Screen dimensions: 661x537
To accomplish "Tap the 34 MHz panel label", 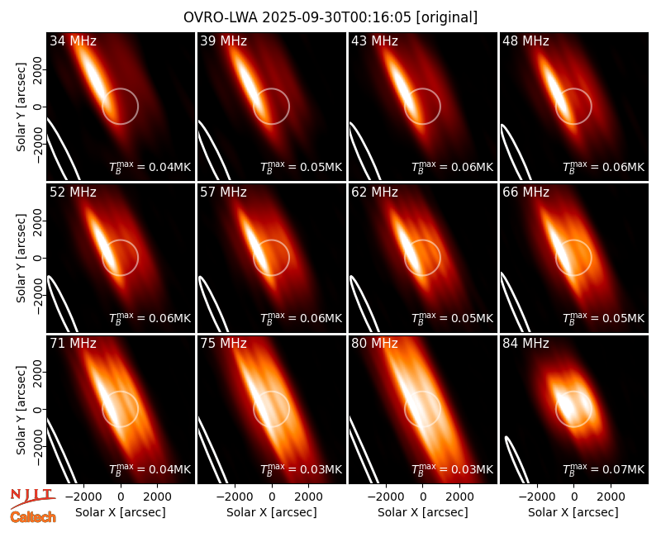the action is (x=73, y=40).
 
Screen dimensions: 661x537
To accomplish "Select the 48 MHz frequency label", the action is (x=525, y=40).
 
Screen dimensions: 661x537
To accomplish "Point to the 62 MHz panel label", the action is (x=374, y=192).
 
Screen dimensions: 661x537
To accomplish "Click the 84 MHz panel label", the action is (x=525, y=344).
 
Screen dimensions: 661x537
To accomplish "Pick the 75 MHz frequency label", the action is (x=223, y=344).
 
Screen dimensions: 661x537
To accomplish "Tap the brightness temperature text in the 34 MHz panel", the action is (x=150, y=167).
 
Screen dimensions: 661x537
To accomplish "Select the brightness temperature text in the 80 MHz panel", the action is (x=452, y=468).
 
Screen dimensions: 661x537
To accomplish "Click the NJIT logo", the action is (x=32, y=497).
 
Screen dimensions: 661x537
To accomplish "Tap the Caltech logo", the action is (x=33, y=517).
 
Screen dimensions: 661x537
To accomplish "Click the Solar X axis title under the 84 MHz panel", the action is (x=573, y=512).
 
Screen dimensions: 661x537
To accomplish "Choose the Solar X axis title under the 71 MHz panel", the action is (x=121, y=512).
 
